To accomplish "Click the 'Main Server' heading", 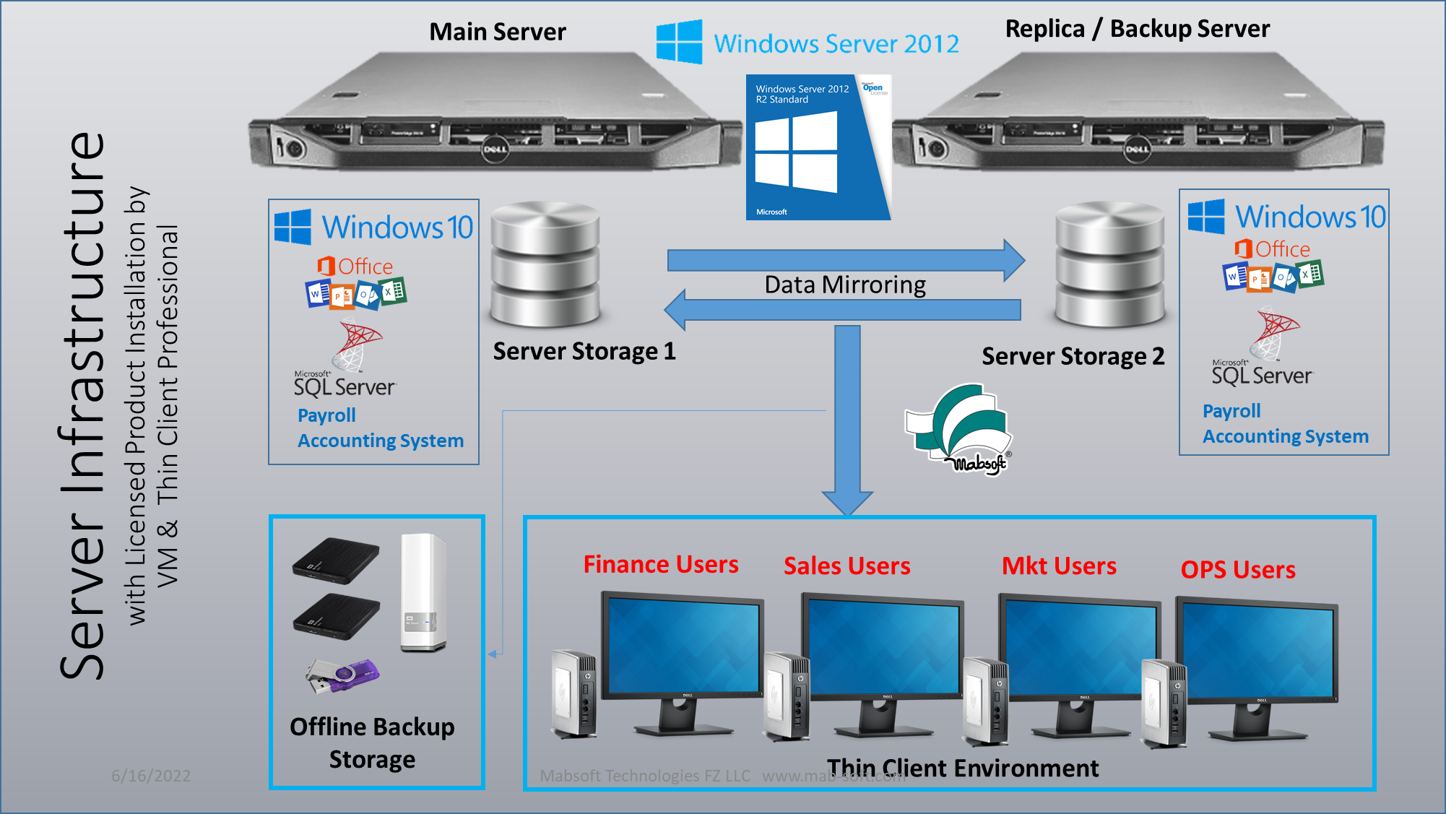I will tap(498, 32).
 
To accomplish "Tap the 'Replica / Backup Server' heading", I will tap(1137, 29).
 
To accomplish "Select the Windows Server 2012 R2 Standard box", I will tap(818, 147).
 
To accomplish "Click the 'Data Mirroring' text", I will tap(845, 285).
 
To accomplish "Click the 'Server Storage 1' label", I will tap(584, 352).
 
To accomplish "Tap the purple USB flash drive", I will tap(344, 676).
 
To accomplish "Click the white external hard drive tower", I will tap(423, 592).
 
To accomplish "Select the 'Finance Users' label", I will tap(661, 565).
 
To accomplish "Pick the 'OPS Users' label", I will tap(1238, 570).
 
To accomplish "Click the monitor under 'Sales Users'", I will tap(883, 657).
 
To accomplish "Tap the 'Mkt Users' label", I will tap(1059, 566).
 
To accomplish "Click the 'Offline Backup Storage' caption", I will tap(373, 743).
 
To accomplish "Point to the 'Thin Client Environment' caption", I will tap(963, 768).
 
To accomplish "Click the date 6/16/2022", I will tap(151, 776).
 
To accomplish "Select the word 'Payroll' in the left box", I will tap(326, 415).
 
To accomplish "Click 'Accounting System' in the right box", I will tap(1286, 437).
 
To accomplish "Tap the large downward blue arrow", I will tap(848, 419).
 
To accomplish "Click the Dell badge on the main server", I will tap(495, 150).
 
